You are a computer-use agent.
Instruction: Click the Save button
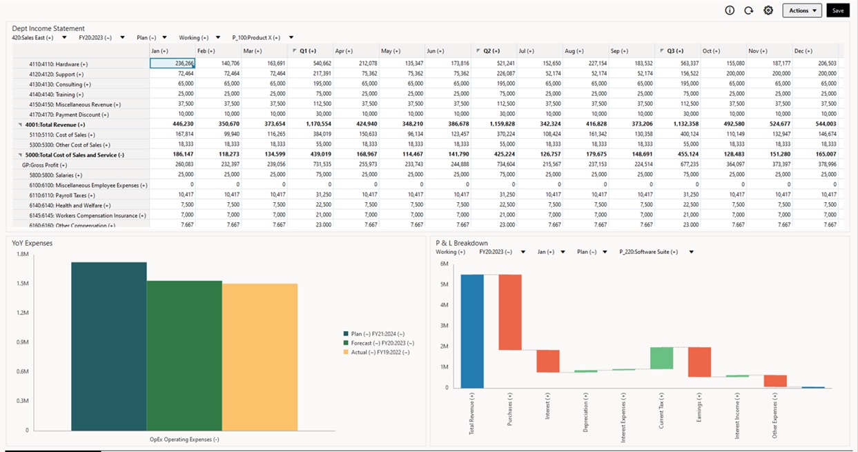[837, 10]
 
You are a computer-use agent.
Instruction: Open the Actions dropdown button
[802, 10]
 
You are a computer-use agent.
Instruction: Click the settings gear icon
[768, 10]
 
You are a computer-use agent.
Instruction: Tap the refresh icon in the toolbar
[749, 10]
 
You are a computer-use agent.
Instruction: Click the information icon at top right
[730, 10]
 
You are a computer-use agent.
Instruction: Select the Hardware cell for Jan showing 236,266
[173, 63]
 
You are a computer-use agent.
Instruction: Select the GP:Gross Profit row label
[44, 165]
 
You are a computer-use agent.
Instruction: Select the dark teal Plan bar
[108, 346]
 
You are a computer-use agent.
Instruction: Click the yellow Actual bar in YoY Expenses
[260, 357]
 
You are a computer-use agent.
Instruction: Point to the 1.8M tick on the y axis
[22, 255]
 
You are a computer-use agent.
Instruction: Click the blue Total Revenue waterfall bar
[472, 331]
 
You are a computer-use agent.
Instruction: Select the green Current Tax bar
[661, 358]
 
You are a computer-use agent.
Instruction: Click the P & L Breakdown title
[462, 243]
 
